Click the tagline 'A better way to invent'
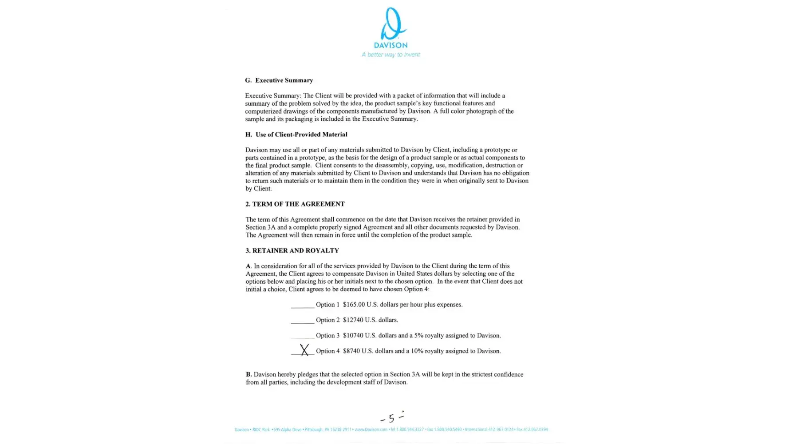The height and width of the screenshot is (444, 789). (x=391, y=55)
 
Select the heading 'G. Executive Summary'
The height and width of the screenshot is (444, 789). (x=279, y=80)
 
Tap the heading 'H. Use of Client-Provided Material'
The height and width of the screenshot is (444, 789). (x=296, y=135)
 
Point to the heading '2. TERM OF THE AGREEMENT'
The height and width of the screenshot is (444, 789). (x=295, y=204)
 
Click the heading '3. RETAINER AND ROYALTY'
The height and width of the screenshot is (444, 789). (x=292, y=251)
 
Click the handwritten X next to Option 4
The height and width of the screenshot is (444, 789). (x=304, y=350)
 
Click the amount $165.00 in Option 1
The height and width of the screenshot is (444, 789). (x=354, y=305)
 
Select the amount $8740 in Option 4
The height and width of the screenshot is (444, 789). (x=351, y=351)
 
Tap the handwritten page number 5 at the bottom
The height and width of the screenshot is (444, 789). (x=391, y=418)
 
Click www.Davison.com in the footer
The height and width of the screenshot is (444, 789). (x=371, y=430)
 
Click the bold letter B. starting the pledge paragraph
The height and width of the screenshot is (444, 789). (x=249, y=375)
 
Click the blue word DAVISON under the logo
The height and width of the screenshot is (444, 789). (x=391, y=45)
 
